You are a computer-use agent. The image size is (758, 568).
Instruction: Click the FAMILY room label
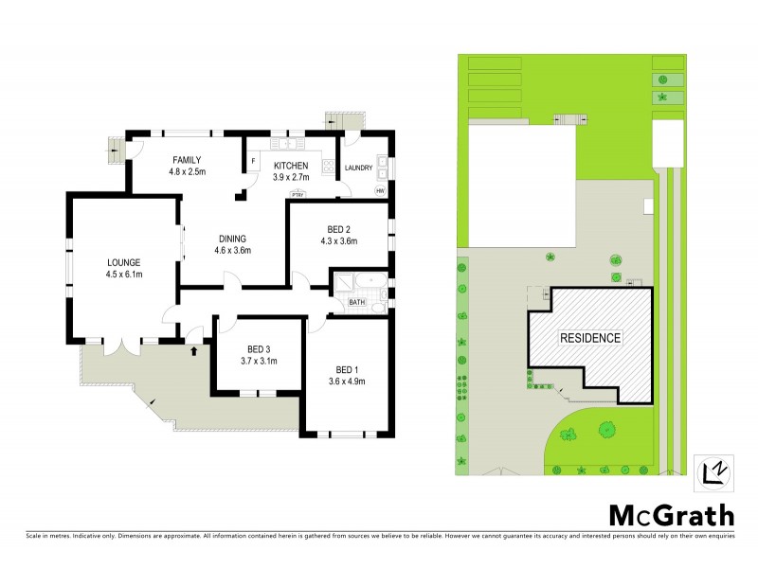point(187,160)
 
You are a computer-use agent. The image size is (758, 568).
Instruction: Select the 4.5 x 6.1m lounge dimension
point(124,275)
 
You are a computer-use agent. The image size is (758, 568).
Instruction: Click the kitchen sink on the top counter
point(284,145)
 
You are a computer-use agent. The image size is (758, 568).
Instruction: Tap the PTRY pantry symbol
point(298,193)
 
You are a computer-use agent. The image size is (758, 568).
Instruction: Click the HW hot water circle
point(380,190)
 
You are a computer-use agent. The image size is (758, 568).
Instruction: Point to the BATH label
point(356,302)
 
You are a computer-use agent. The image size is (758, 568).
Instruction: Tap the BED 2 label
point(339,229)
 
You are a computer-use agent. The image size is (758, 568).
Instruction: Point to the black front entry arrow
point(195,351)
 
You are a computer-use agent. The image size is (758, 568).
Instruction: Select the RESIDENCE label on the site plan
point(589,337)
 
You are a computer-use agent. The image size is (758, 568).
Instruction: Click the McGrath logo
point(670,515)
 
